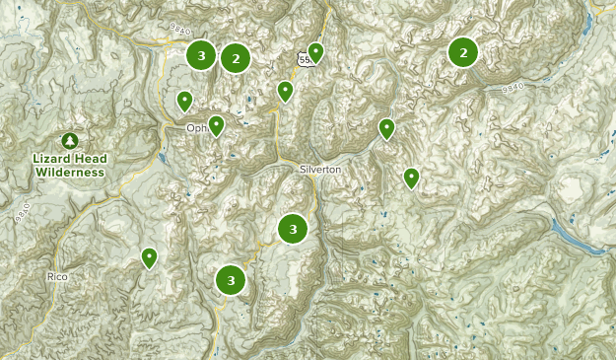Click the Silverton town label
tap(320, 170)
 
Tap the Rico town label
tap(58, 277)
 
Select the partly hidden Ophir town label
tap(196, 128)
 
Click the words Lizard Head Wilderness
tap(70, 166)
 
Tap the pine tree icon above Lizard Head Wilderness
tap(70, 142)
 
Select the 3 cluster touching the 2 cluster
tap(202, 55)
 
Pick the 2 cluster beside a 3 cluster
tap(236, 58)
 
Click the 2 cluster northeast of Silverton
tap(463, 51)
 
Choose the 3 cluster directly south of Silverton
tap(293, 229)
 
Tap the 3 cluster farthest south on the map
tap(231, 279)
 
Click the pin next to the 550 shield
tap(315, 51)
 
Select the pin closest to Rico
tap(149, 257)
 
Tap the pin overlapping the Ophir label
tap(216, 124)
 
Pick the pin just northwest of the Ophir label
tap(184, 100)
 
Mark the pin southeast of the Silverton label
tap(411, 178)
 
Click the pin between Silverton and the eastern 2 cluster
tap(386, 128)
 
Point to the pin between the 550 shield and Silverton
tap(285, 91)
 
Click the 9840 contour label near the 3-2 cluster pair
tap(179, 32)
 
